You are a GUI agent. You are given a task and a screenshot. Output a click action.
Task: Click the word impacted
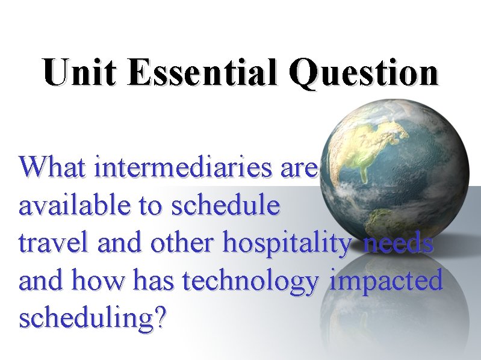point(386,281)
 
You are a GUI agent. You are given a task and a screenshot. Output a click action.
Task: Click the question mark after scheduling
point(159,317)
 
